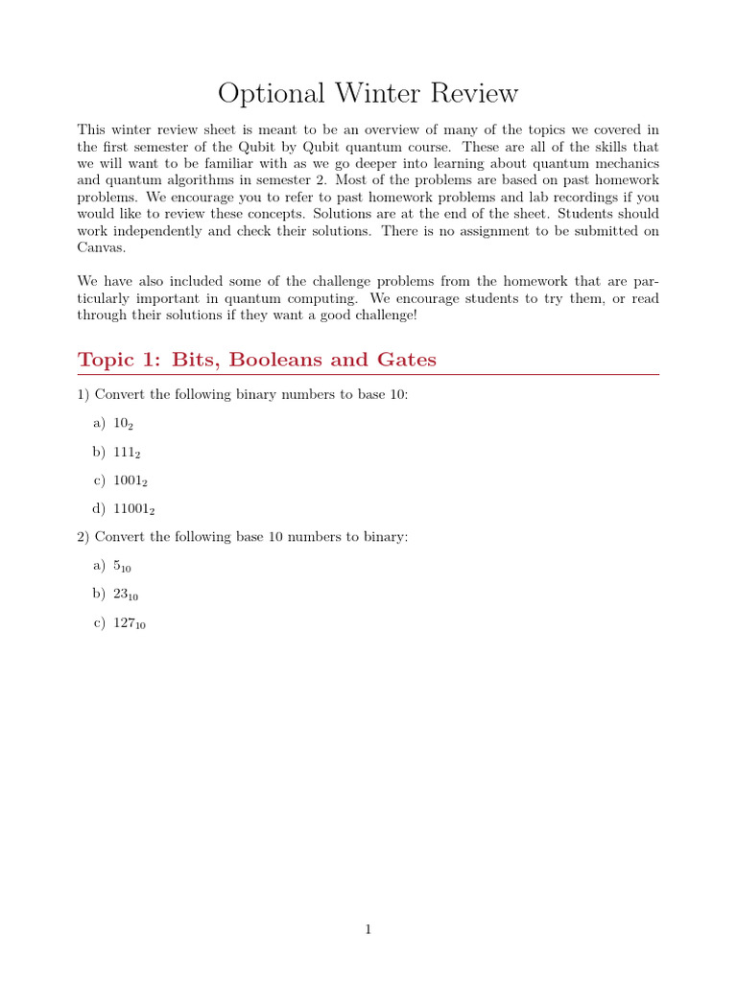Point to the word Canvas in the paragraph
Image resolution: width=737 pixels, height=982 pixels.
[x=101, y=247]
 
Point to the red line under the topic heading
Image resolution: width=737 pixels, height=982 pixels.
[x=368, y=375]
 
